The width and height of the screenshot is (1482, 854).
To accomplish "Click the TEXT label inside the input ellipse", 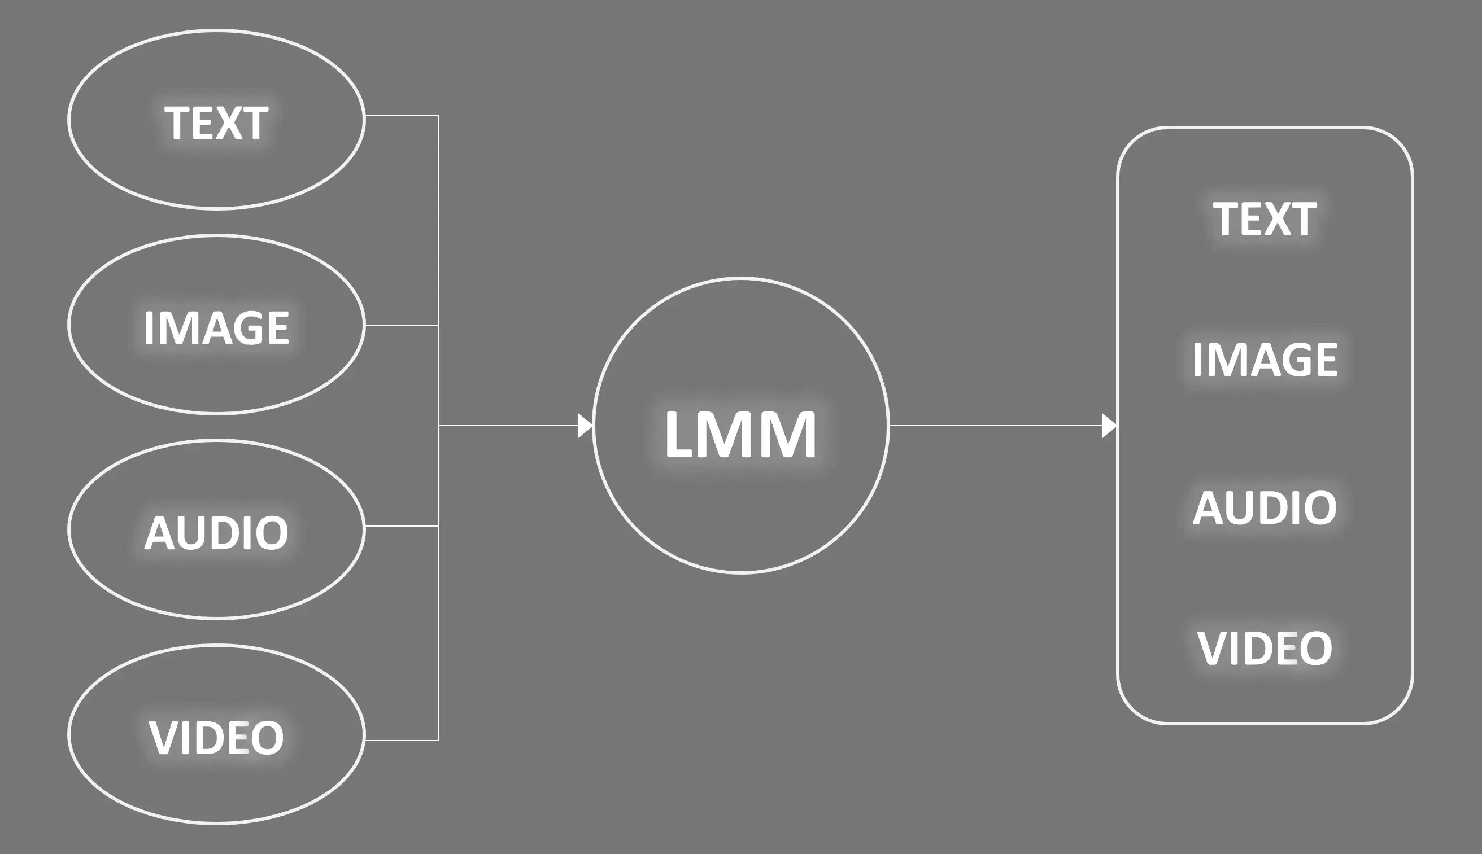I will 216,123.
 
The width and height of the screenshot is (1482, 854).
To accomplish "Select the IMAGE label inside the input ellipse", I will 216,327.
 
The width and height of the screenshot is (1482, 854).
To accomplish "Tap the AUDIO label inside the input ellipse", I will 216,533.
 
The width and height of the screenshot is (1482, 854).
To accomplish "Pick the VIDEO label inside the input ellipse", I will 216,737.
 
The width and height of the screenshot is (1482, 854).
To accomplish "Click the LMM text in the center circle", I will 740,434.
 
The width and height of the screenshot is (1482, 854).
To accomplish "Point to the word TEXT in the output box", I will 1265,219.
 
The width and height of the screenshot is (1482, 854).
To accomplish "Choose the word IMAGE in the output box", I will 1265,359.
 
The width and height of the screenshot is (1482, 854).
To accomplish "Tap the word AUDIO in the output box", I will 1265,507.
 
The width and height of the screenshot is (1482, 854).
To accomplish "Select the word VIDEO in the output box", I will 1265,648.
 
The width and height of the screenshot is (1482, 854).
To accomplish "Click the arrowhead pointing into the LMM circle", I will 585,426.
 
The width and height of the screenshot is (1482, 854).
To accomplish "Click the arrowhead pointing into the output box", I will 1108,426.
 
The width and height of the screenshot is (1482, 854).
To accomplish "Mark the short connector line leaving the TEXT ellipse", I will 402,116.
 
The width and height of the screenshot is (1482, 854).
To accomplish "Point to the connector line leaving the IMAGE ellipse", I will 402,326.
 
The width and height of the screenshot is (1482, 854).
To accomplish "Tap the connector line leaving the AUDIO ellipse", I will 402,526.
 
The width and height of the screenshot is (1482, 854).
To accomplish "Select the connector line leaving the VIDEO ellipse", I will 402,740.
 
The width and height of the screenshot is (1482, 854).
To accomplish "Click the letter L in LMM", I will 679,434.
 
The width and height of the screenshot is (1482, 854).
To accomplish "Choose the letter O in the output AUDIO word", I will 1322,507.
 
